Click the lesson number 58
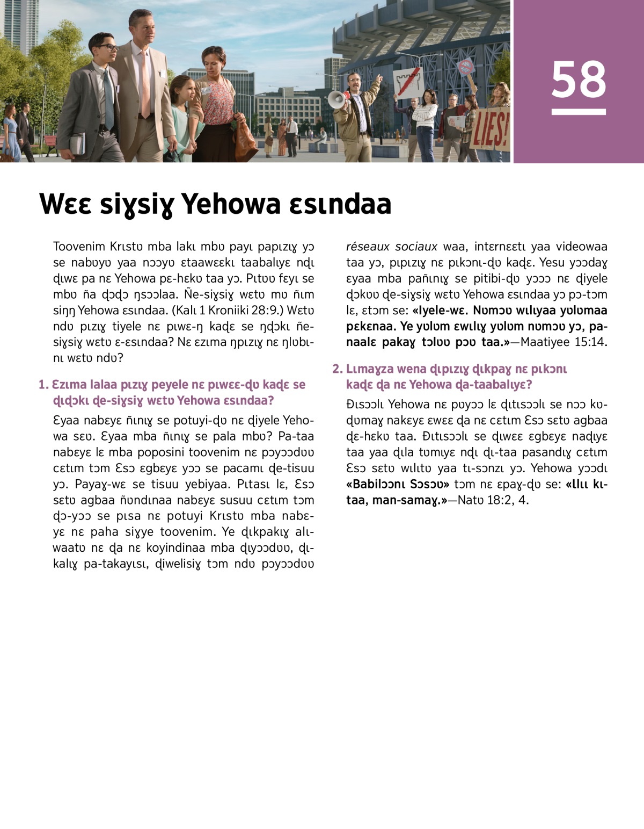[579, 79]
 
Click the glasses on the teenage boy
[108, 48]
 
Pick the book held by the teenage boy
[77, 144]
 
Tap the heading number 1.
[43, 385]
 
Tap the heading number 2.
[337, 369]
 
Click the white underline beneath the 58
[579, 112]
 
